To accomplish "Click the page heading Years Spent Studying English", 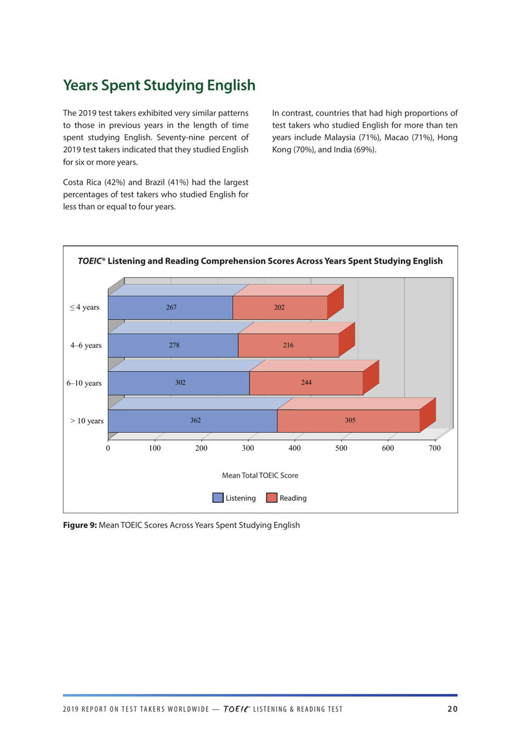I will [x=159, y=86].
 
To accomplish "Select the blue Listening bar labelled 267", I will [x=171, y=308].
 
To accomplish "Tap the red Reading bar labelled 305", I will [x=349, y=421].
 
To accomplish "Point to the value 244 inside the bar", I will [x=306, y=383].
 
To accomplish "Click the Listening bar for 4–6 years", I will [x=173, y=346].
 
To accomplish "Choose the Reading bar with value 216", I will [x=288, y=346].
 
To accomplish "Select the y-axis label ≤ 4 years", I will [x=84, y=308].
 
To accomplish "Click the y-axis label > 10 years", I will [x=87, y=421].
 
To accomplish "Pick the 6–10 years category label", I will [x=84, y=383].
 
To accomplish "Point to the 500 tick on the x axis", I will [x=341, y=448].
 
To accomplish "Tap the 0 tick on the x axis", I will [x=108, y=448].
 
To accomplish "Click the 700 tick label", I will [x=434, y=448].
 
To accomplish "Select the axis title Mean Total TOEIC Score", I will [x=260, y=475].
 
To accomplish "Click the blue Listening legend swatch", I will [x=218, y=498].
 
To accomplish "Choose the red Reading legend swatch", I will [x=271, y=498].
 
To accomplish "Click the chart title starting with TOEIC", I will [x=260, y=261].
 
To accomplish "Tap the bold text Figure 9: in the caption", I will [x=80, y=525].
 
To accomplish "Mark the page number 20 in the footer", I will [x=452, y=709].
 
